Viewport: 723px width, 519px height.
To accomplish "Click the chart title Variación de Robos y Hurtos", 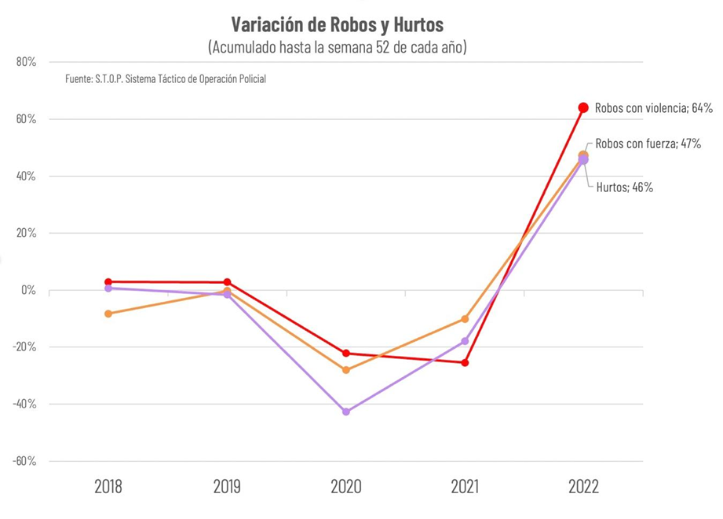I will click(x=338, y=23).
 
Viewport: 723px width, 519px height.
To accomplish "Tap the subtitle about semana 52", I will click(x=338, y=47).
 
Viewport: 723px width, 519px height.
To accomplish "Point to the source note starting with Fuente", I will click(x=166, y=79).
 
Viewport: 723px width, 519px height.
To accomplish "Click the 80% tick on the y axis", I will click(x=26, y=63).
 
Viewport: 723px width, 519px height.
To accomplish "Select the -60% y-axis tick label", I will click(x=24, y=461).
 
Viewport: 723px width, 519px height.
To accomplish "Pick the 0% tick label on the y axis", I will click(x=28, y=290).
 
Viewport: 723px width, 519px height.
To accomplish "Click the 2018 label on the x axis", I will click(x=108, y=487).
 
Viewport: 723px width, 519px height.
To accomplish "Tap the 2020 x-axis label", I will click(x=345, y=487).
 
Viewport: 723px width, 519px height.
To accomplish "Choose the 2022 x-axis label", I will click(x=582, y=487).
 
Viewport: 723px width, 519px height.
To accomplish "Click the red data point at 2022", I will click(x=583, y=107).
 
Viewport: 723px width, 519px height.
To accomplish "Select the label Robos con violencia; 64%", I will click(x=653, y=108).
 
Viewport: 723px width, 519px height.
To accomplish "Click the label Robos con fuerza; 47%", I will click(x=648, y=144).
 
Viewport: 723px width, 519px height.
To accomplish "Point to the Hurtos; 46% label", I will click(x=625, y=187).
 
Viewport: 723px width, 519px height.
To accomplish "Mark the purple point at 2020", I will click(x=346, y=412).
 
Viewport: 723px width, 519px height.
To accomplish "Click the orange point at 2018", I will click(x=108, y=314).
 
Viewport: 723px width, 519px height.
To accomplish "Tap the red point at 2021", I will click(x=465, y=362).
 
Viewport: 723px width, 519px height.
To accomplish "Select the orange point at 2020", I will click(x=346, y=370).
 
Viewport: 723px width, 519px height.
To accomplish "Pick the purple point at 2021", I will click(x=465, y=341).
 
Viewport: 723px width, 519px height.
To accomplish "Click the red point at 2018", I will click(x=108, y=281).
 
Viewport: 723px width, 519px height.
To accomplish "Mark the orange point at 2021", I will click(x=465, y=319).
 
